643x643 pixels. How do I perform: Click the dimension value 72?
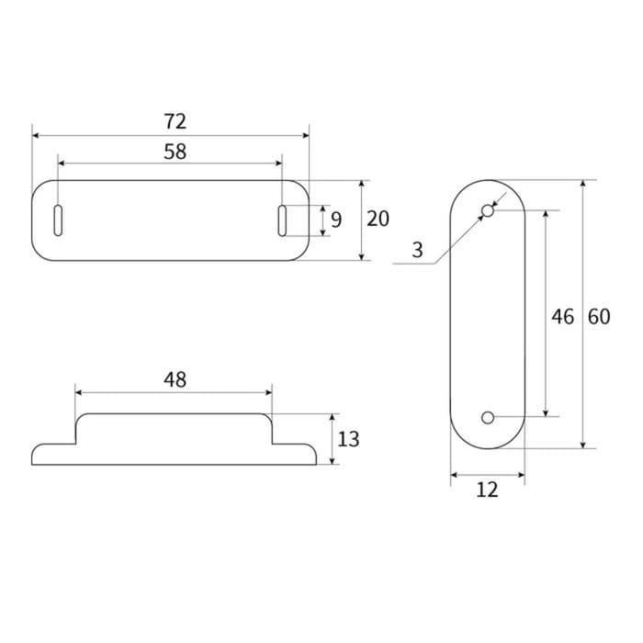pos(175,120)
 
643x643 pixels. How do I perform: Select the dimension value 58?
pos(175,152)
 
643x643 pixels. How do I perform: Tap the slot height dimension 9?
pos(336,220)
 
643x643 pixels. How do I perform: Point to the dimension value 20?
pos(378,219)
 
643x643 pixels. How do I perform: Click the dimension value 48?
pos(175,378)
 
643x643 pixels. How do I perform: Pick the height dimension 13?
pos(348,439)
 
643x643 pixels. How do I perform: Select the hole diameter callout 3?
pos(417,250)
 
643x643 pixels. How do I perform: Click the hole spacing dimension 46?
pos(562,316)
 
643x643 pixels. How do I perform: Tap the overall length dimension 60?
pos(598,316)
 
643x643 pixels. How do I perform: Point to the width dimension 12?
pos(487,490)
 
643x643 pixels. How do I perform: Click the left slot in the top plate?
pos(58,220)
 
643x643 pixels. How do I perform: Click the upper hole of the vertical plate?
pos(488,211)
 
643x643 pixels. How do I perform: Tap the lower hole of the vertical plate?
pos(488,418)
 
